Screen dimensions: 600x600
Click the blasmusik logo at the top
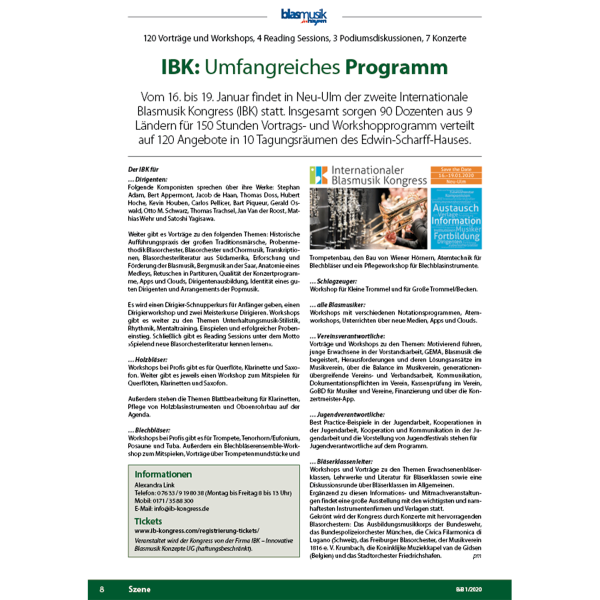[303, 16]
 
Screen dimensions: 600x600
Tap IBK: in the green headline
[180, 67]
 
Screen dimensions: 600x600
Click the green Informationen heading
[163, 474]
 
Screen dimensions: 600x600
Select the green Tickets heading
[148, 521]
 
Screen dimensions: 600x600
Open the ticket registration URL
[196, 530]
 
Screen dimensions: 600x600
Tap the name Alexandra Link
[154, 485]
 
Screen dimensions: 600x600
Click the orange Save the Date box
[455, 175]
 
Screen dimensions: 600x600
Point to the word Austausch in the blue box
[455, 208]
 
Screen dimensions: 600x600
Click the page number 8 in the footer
[102, 589]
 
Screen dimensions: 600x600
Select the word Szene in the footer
[139, 589]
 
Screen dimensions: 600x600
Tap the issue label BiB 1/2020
[468, 589]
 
